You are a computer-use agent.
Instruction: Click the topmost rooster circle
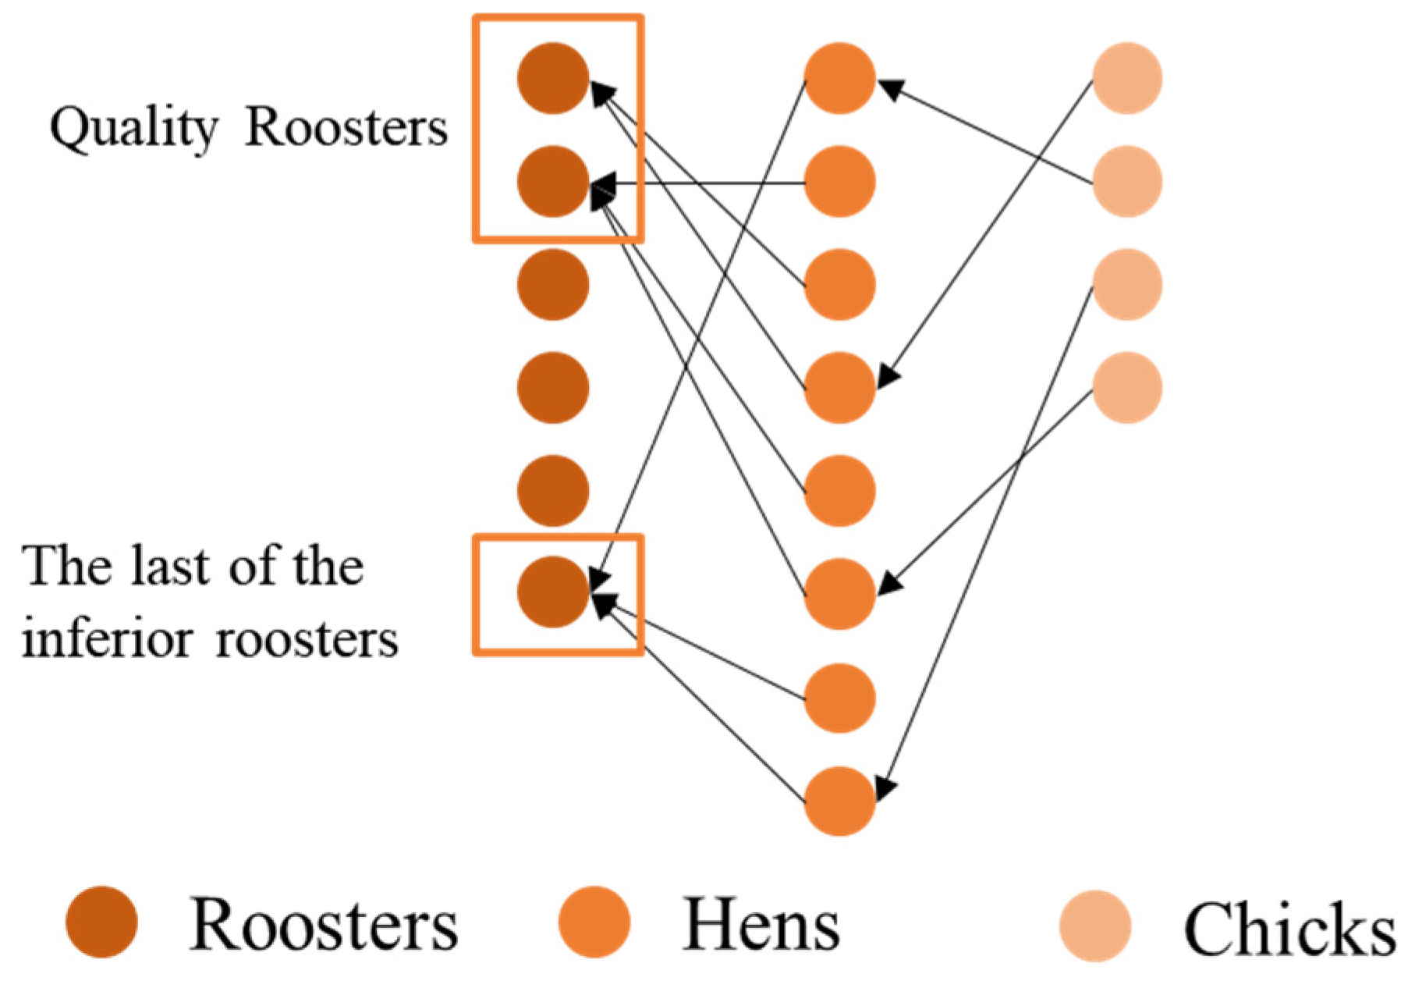point(552,78)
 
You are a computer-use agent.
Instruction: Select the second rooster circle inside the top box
point(552,181)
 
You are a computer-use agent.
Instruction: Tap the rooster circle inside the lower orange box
point(552,592)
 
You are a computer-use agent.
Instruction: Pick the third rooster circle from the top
point(552,284)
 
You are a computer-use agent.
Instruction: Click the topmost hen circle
point(839,78)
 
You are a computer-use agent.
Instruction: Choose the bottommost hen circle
point(839,801)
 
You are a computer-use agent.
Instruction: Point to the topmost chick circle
point(1126,78)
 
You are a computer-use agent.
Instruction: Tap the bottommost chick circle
point(1126,387)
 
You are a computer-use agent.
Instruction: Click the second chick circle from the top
point(1126,181)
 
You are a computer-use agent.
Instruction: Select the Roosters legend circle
point(101,922)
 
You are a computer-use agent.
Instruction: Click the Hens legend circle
point(594,922)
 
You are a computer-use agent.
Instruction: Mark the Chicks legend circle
point(1095,926)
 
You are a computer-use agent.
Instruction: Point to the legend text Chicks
point(1289,929)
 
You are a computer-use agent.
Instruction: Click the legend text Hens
point(761,926)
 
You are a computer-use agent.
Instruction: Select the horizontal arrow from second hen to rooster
point(702,184)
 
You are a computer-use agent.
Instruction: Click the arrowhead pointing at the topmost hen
point(892,88)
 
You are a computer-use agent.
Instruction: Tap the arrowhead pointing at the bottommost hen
point(885,788)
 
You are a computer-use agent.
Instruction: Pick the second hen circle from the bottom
point(839,698)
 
